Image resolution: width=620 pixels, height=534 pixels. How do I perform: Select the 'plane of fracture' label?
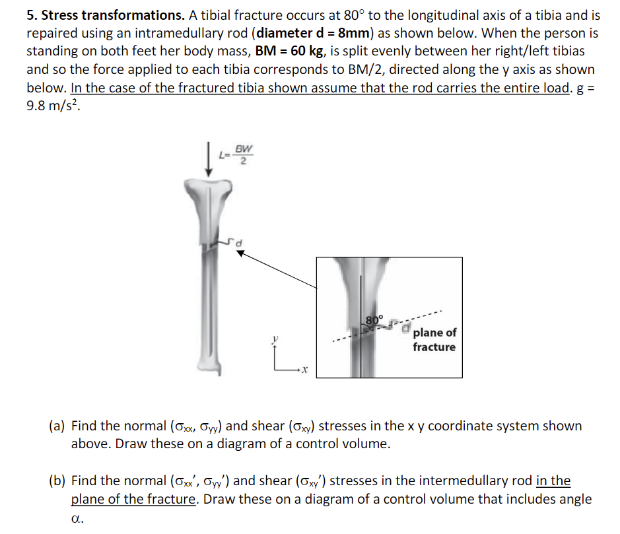(434, 340)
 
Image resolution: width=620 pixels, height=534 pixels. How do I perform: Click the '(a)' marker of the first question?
(57, 426)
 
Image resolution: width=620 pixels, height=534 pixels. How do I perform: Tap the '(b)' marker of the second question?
(57, 481)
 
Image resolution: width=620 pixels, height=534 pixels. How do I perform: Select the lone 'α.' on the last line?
(77, 519)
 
